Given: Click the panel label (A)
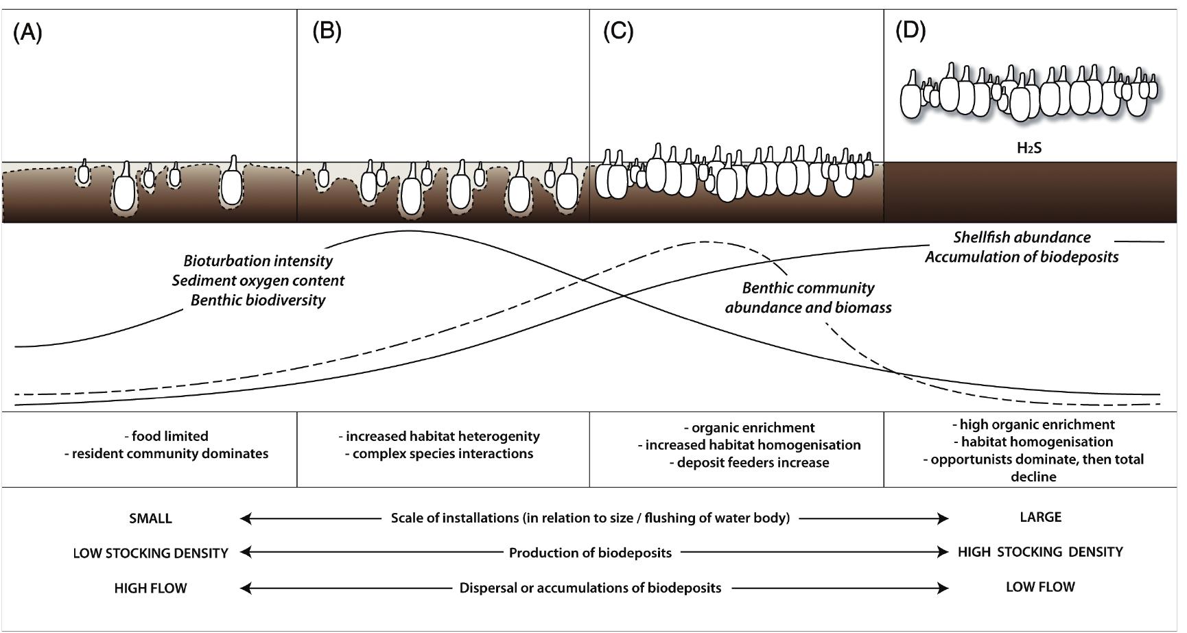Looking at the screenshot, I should pyautogui.click(x=27, y=33).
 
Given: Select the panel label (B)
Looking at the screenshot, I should pyautogui.click(x=327, y=32).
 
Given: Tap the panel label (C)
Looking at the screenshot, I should pyautogui.click(x=618, y=32).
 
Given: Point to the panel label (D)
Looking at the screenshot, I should pyautogui.click(x=910, y=30).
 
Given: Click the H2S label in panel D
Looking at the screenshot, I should pyautogui.click(x=1029, y=148).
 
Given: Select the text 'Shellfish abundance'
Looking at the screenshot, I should pyautogui.click(x=1021, y=237).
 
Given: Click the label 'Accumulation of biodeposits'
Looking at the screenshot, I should pyautogui.click(x=1021, y=257).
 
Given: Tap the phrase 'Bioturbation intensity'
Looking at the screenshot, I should pyautogui.click(x=258, y=261).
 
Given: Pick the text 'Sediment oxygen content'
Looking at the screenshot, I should pyautogui.click(x=258, y=280).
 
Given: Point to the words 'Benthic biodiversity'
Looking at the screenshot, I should pyautogui.click(x=258, y=300).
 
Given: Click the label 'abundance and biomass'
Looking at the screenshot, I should pyautogui.click(x=808, y=308).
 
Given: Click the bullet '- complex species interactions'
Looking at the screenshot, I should pyautogui.click(x=439, y=454).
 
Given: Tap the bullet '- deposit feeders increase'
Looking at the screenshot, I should pyautogui.click(x=749, y=463).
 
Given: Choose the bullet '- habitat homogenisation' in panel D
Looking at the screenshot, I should pyautogui.click(x=1033, y=442).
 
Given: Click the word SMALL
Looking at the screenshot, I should pyautogui.click(x=150, y=519).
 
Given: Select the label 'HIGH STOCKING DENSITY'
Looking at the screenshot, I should pyautogui.click(x=1039, y=552).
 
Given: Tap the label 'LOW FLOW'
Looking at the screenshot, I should pyautogui.click(x=1039, y=587).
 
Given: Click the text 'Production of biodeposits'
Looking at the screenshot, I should pyautogui.click(x=590, y=553).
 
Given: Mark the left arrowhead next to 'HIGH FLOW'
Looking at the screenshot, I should pyautogui.click(x=245, y=588).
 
